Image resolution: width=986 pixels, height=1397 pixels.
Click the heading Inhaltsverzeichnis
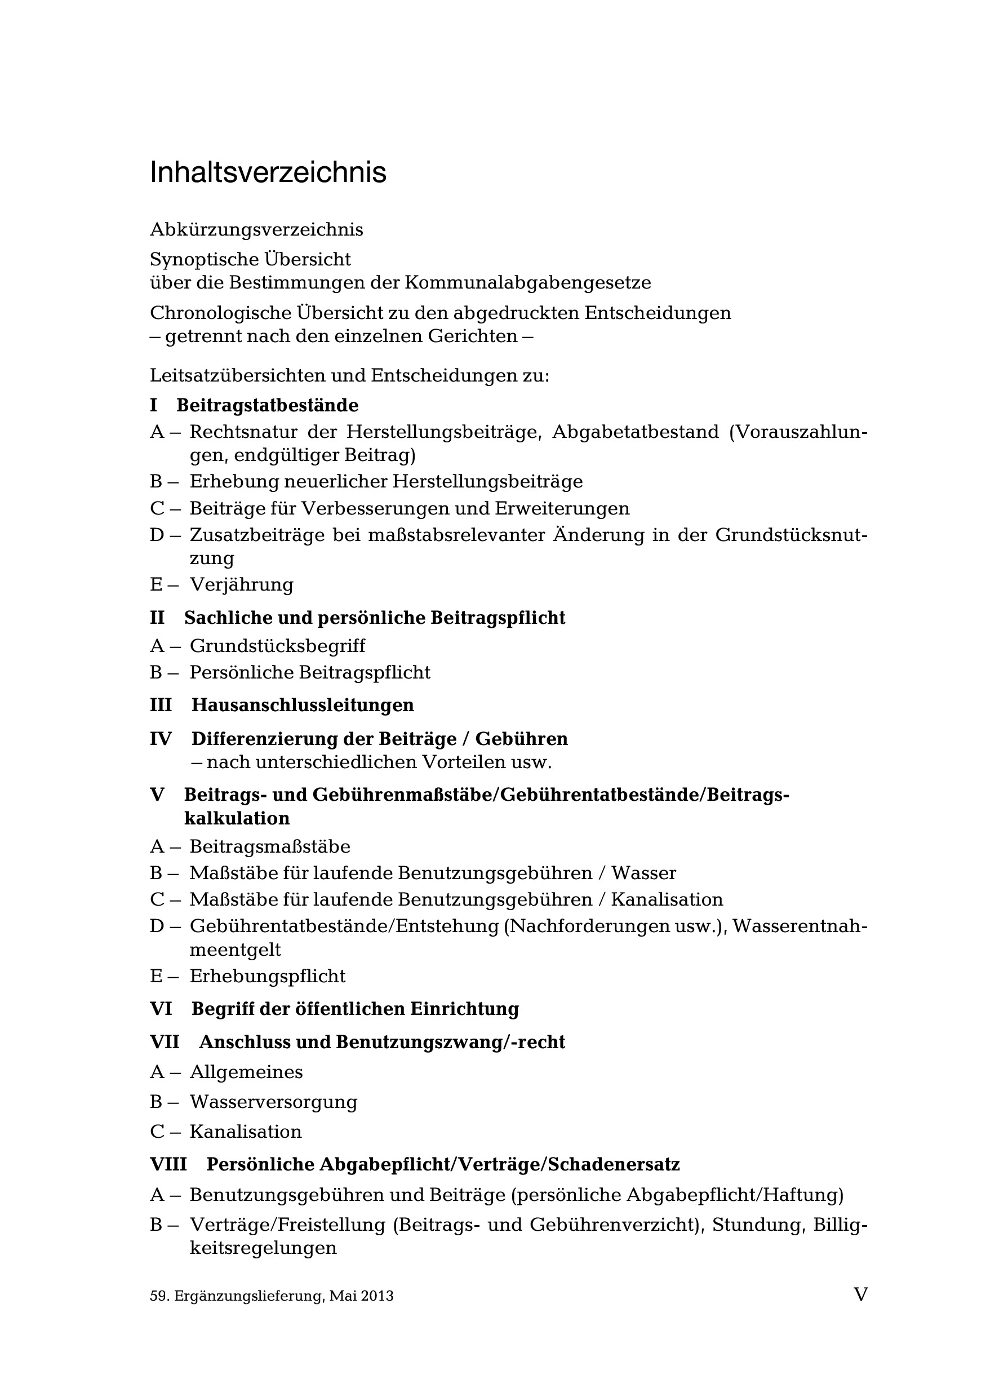pyautogui.click(x=268, y=173)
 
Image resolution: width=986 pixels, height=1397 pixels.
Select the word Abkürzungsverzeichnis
pyautogui.click(x=256, y=230)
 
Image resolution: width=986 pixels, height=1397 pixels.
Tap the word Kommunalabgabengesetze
pyautogui.click(x=527, y=283)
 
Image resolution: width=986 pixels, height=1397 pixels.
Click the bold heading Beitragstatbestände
pyautogui.click(x=267, y=405)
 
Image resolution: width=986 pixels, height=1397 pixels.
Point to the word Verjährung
pyautogui.click(x=242, y=585)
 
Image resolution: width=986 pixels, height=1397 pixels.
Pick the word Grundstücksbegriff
pyautogui.click(x=277, y=646)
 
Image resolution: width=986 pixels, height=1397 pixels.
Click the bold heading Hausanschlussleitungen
pyautogui.click(x=303, y=705)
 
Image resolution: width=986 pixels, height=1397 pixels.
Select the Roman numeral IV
pyautogui.click(x=161, y=739)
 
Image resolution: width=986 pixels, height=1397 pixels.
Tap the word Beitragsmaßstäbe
pyautogui.click(x=269, y=846)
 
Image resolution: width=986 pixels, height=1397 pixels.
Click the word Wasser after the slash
pyautogui.click(x=643, y=873)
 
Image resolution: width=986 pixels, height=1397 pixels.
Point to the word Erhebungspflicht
pyautogui.click(x=267, y=976)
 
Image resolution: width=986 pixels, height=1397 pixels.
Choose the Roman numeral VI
pyautogui.click(x=161, y=1009)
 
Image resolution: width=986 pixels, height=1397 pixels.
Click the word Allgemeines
pyautogui.click(x=246, y=1071)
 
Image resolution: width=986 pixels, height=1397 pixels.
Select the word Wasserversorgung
pyautogui.click(x=273, y=1102)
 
